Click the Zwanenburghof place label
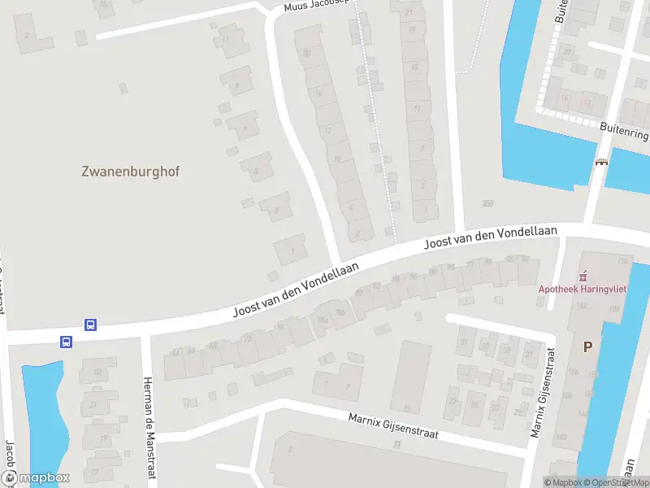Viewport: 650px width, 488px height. pos(130,172)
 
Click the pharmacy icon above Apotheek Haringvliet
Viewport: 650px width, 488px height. pos(582,275)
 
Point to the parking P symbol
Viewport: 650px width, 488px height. pos(587,346)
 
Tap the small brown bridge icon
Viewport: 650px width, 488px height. pos(602,161)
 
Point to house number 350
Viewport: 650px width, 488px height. pos(487,203)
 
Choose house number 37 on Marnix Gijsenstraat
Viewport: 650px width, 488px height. pos(529,354)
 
